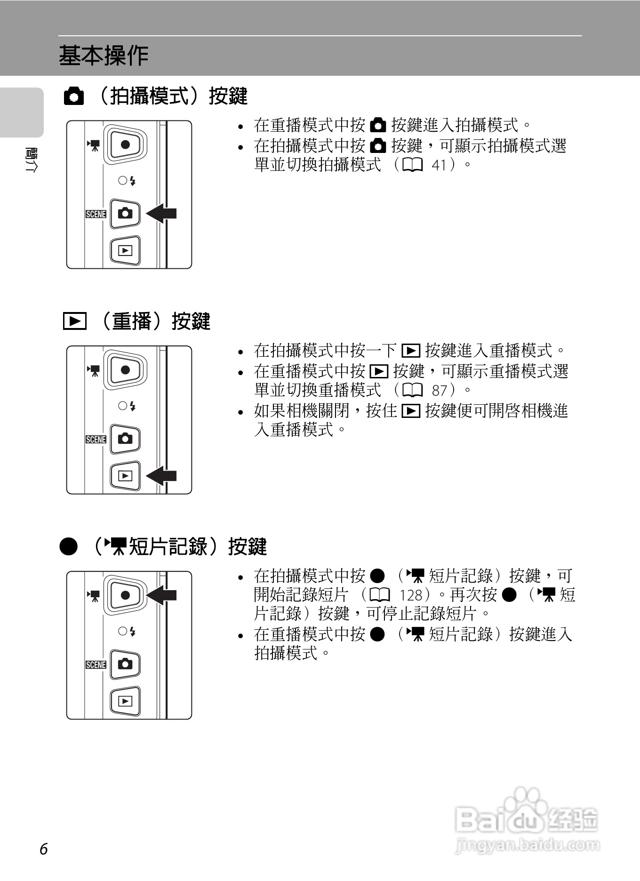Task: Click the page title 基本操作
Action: coord(104,56)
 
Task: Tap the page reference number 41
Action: coord(439,165)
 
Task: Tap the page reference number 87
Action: coord(439,391)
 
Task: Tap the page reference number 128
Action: coord(411,595)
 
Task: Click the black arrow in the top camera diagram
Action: coord(162,213)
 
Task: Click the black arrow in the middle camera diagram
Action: coord(162,476)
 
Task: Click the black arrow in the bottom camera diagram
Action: coord(162,595)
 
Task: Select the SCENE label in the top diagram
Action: coord(96,214)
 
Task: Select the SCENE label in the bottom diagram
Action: coord(96,665)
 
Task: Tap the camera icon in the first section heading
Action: coord(74,96)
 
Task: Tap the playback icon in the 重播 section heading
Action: coord(74,321)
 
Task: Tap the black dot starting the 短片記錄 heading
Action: coord(69,547)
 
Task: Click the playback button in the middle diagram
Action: coord(125,476)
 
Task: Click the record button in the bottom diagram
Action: coord(125,595)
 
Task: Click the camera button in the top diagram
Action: coord(125,213)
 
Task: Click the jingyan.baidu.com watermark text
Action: coord(528,845)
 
